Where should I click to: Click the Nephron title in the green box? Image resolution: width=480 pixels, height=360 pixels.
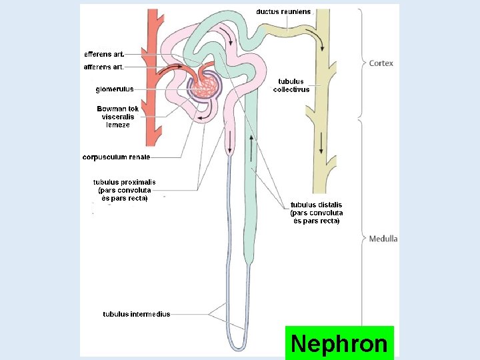pyautogui.click(x=339, y=344)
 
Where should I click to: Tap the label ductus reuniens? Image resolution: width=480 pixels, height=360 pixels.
pyautogui.click(x=283, y=11)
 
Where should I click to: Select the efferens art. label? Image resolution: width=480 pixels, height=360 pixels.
pyautogui.click(x=103, y=54)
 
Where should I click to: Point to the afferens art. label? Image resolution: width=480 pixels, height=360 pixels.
pyautogui.click(x=103, y=67)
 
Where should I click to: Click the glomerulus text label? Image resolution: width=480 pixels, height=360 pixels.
pyautogui.click(x=115, y=89)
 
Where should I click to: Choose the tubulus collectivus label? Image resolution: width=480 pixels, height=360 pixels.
pyautogui.click(x=291, y=85)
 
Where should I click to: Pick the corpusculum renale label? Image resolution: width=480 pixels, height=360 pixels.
pyautogui.click(x=116, y=157)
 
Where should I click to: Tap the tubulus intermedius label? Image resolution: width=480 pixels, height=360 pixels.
pyautogui.click(x=136, y=314)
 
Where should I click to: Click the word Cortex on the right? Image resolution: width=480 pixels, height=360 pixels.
pyautogui.click(x=381, y=63)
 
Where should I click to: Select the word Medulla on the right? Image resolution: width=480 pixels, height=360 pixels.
pyautogui.click(x=383, y=239)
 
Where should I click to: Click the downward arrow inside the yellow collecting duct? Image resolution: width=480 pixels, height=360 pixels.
pyautogui.click(x=321, y=143)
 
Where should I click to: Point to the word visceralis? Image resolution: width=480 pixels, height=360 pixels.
pyautogui.click(x=118, y=117)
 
